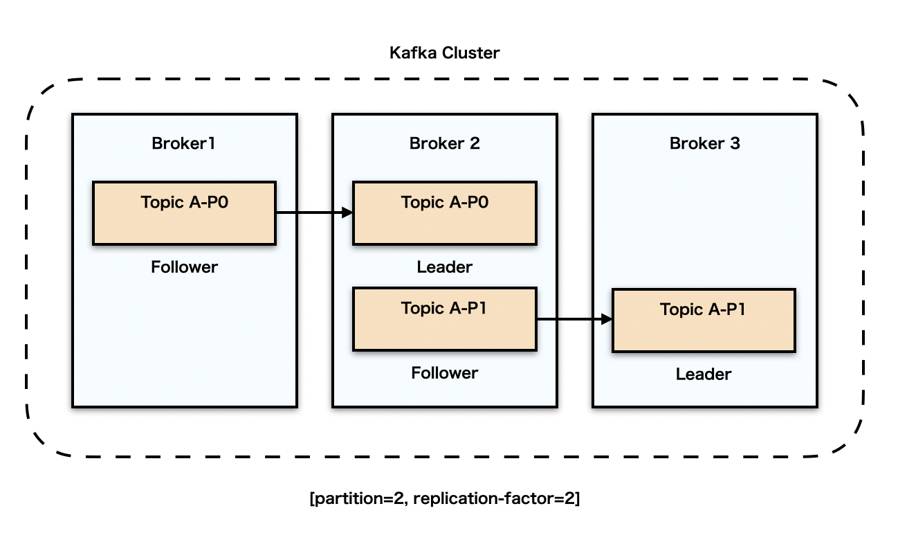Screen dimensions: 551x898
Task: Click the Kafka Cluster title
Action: point(444,53)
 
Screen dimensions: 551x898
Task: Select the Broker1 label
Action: point(184,143)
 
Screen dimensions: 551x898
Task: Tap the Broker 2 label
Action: point(444,143)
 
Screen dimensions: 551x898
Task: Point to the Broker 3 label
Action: point(704,143)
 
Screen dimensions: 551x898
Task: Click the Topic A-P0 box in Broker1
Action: point(184,213)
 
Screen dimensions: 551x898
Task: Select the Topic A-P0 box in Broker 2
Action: point(444,213)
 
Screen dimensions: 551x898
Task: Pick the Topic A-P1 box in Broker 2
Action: point(444,319)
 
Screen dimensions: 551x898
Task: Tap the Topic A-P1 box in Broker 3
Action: point(704,320)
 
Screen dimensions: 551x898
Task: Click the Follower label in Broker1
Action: point(184,267)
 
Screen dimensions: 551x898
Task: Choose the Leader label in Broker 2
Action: point(444,267)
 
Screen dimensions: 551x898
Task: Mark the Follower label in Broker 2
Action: point(444,373)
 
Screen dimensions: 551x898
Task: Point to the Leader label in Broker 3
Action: point(704,374)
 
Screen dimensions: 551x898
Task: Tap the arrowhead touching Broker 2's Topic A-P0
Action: point(348,213)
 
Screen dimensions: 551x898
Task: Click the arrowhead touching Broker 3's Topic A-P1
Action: point(607,319)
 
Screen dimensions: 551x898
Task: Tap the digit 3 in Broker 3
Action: point(734,143)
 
